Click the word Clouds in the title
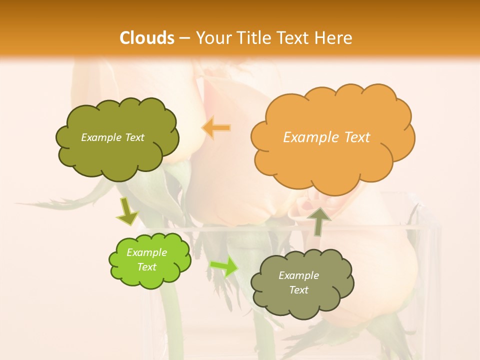coord(147,38)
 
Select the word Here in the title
coord(334,38)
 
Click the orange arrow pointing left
coord(216,128)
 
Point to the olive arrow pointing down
coord(127,211)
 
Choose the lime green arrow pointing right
coord(223,266)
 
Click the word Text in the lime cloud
coord(146,267)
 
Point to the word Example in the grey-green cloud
coord(298,275)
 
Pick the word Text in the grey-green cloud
coord(298,290)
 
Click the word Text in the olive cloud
coord(134,137)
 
